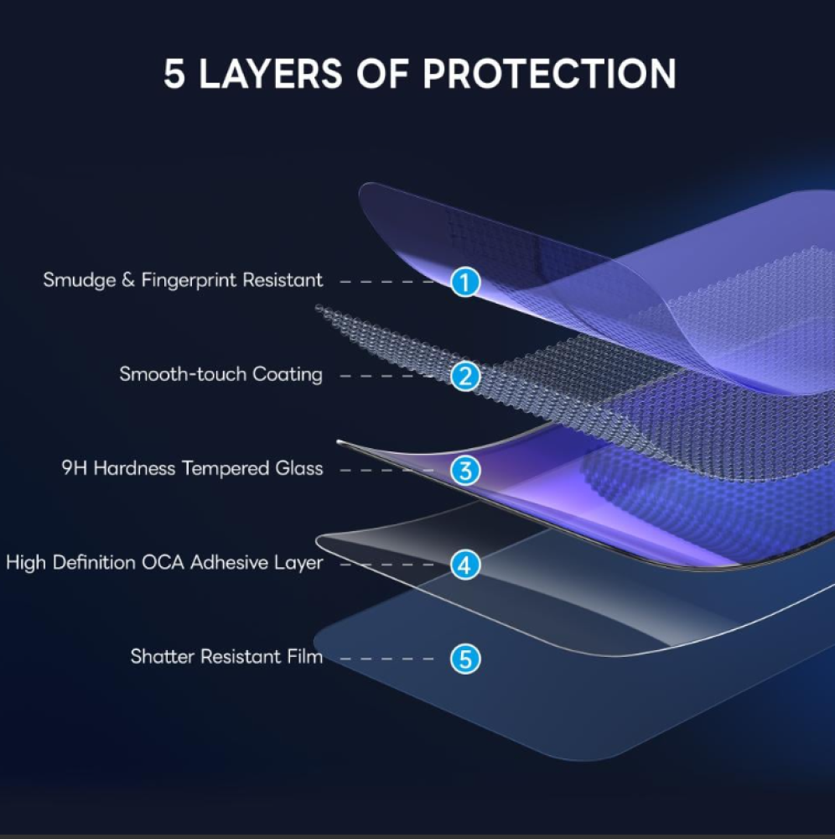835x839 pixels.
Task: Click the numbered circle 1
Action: [464, 282]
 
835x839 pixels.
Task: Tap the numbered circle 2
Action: [464, 376]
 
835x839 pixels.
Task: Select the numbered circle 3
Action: [464, 470]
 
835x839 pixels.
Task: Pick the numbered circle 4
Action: [464, 565]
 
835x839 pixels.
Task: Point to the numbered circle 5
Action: [464, 659]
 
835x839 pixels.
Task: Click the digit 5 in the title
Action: [174, 75]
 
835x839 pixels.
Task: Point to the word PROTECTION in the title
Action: [549, 75]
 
